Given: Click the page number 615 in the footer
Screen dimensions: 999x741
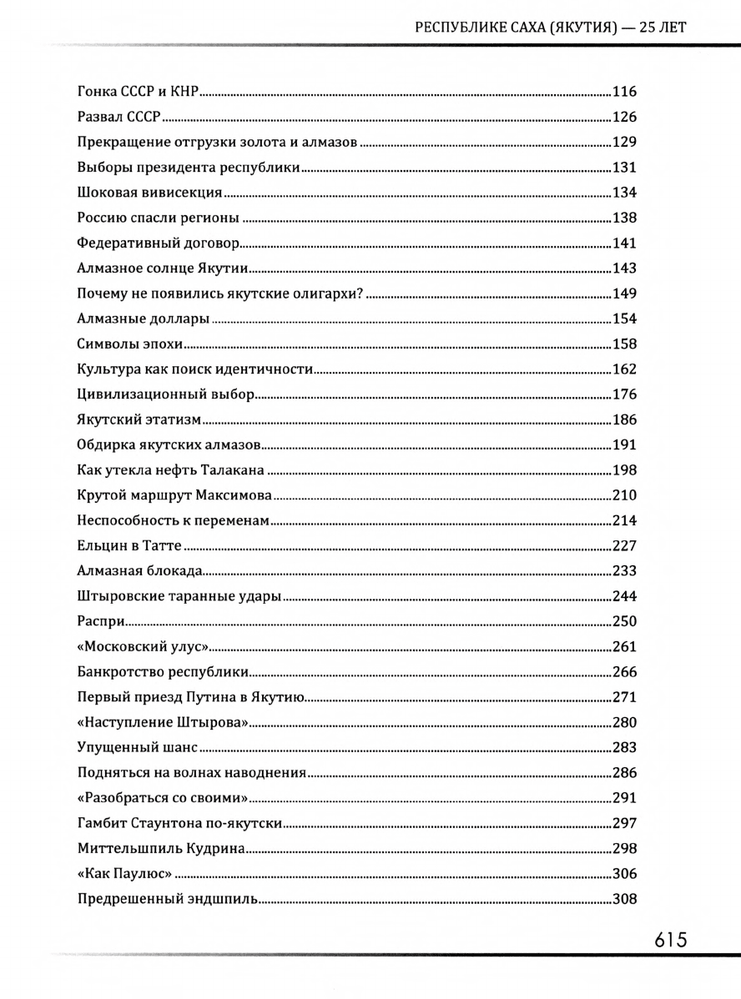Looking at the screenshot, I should click(x=670, y=940).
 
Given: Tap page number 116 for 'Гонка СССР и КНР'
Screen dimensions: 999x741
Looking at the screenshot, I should click(x=624, y=92).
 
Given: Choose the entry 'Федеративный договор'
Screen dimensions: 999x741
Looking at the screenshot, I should click(x=158, y=243).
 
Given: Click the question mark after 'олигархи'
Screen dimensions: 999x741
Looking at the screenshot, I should click(x=365, y=294).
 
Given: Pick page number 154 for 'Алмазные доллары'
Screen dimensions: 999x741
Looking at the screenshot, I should click(x=624, y=319).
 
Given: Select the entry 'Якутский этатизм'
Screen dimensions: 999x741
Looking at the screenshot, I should click(x=139, y=420).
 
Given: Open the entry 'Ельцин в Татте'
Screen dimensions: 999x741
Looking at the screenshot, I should click(x=129, y=547).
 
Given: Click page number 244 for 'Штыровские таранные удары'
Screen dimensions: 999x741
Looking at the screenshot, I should click(x=624, y=596).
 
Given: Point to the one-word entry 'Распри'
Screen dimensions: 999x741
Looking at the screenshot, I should click(x=100, y=622).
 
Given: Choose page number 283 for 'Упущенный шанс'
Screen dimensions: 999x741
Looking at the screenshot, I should click(x=624, y=748).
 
